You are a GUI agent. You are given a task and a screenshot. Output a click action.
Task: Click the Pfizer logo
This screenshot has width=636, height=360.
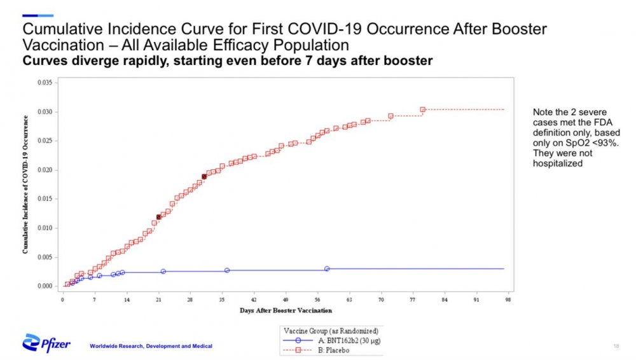[x=46, y=344]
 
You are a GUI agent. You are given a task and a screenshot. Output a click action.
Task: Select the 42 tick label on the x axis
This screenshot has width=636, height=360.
[x=254, y=299]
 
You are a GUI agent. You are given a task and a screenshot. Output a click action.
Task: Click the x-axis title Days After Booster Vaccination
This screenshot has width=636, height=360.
[x=286, y=310]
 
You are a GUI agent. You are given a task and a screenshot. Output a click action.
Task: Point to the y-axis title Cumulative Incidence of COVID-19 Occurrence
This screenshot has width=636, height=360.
[x=25, y=184]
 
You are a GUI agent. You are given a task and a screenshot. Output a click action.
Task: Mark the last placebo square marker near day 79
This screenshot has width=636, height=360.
[x=422, y=109]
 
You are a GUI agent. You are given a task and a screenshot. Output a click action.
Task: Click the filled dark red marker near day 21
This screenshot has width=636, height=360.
[x=158, y=218]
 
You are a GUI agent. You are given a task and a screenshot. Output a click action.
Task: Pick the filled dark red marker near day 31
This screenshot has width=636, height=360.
[x=204, y=176]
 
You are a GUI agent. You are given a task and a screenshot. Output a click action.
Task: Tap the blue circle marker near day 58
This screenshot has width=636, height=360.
[x=327, y=269]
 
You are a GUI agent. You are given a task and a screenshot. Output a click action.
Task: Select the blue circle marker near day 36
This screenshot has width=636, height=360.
[x=227, y=270]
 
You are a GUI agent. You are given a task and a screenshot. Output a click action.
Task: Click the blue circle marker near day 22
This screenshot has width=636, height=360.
[x=163, y=272]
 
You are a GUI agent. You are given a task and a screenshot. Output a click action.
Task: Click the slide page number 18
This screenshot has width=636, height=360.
[x=616, y=345]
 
